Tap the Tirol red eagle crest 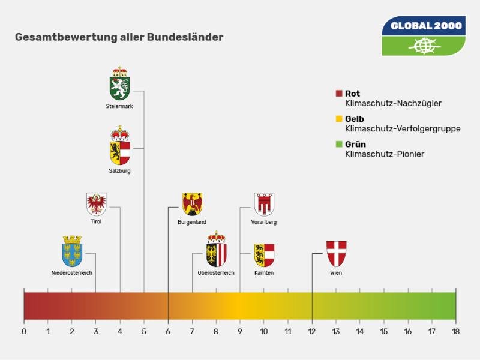coord(97,204)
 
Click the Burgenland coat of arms coord(192,204)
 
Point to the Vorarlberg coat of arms coord(264,204)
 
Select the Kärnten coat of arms coord(264,254)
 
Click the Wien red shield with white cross coord(336,254)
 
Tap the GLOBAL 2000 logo coord(424,36)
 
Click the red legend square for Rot coord(339,94)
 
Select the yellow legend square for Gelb coord(339,119)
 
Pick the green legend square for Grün coord(339,144)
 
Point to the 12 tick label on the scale coord(312,331)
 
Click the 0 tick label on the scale coord(24,331)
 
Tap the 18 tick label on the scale coord(455,331)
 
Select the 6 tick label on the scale coord(168,331)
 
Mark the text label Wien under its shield coord(336,273)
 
